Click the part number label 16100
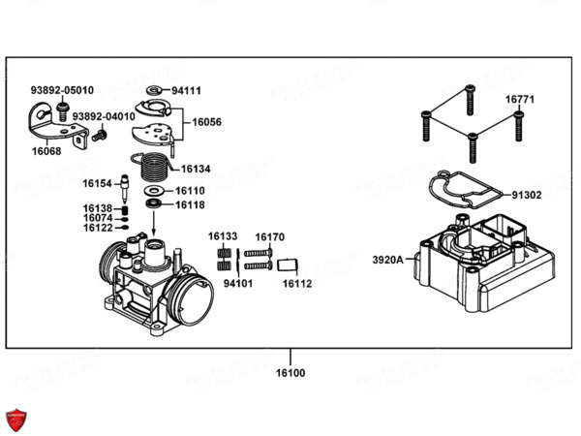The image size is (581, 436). [290, 372]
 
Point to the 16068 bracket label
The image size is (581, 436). [46, 151]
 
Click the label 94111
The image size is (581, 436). [187, 90]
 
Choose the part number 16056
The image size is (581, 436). [206, 122]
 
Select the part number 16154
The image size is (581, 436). [98, 182]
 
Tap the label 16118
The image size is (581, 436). [190, 204]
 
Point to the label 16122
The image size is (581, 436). [98, 228]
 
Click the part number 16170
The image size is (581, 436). [270, 236]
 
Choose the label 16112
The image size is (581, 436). [297, 284]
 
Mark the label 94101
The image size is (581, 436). [238, 284]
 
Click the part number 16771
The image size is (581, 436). [519, 99]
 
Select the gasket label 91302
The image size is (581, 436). [527, 195]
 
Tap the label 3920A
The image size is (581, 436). [386, 260]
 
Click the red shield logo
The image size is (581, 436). [17, 420]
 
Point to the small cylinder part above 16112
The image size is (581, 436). [288, 265]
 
